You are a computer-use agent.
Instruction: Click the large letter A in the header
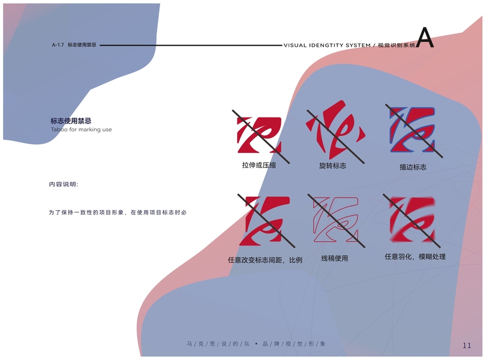tap(425, 38)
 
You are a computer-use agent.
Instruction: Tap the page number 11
tap(467, 345)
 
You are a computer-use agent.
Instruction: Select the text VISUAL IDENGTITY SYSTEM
tap(326, 45)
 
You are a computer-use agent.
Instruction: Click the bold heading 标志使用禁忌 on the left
tap(71, 121)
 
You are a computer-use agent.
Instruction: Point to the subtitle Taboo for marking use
tap(81, 130)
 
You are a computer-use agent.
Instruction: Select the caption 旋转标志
tap(332, 165)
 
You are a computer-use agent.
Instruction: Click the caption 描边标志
tap(413, 167)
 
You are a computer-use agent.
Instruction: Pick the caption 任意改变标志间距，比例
tap(265, 260)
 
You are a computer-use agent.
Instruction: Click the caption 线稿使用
tap(334, 259)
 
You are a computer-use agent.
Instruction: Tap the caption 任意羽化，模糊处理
tap(415, 257)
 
